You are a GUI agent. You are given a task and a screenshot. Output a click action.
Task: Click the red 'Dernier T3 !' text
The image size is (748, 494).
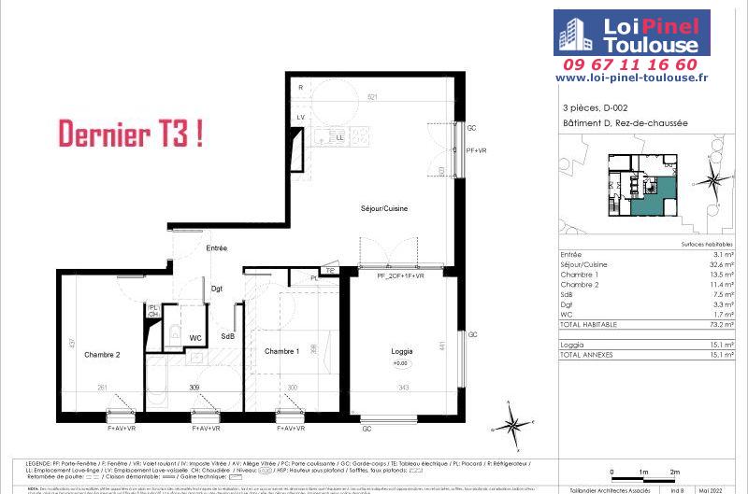click(131, 134)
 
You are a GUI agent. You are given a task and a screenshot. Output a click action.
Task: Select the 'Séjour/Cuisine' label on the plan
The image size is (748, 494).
click(384, 207)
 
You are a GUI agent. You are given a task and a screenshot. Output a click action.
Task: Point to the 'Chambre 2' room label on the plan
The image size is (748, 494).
click(102, 355)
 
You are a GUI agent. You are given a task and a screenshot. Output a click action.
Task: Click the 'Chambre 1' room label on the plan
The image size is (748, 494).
click(281, 351)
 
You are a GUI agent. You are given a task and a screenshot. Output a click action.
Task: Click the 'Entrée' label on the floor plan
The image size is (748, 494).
click(218, 247)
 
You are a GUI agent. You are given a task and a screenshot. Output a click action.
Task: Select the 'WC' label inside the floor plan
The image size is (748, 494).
click(196, 337)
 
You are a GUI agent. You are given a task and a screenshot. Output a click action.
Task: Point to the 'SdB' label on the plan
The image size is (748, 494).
click(227, 336)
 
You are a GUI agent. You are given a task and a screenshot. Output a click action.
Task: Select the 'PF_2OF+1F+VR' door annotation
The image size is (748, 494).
click(400, 276)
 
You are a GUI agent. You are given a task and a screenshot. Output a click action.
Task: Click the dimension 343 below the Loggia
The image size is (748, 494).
click(405, 388)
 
